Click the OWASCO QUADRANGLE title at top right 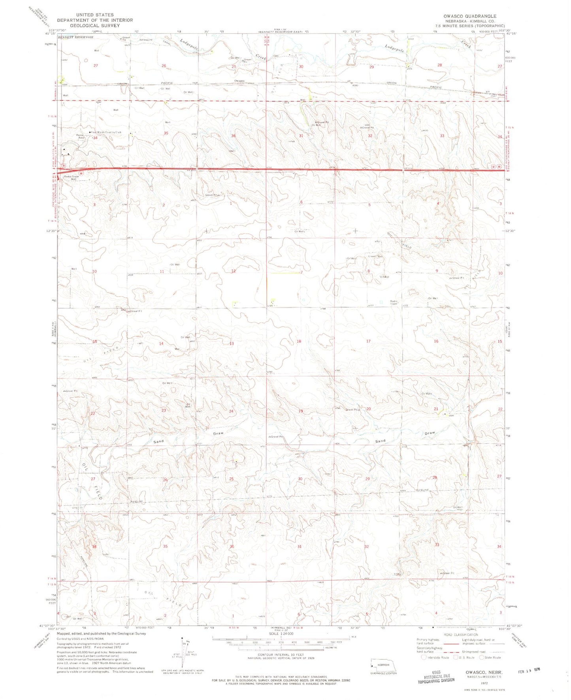point(470,16)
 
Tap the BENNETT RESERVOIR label point(75,37)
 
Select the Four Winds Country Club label point(106,132)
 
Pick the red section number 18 point(299,341)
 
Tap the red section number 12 point(234,271)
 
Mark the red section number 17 point(368,341)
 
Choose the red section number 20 point(368,409)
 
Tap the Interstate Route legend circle point(424,657)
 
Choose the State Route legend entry point(490,657)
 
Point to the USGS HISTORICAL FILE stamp point(436,677)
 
